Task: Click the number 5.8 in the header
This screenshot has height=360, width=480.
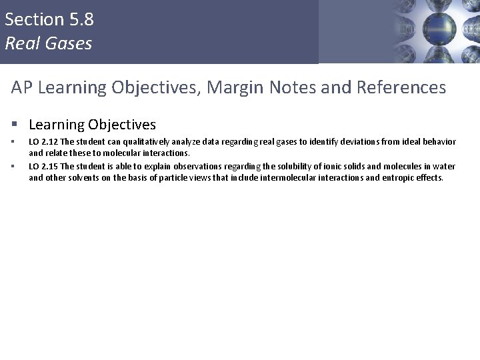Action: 79,20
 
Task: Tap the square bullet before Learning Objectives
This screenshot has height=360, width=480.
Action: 15,125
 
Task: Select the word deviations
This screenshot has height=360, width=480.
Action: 357,142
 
